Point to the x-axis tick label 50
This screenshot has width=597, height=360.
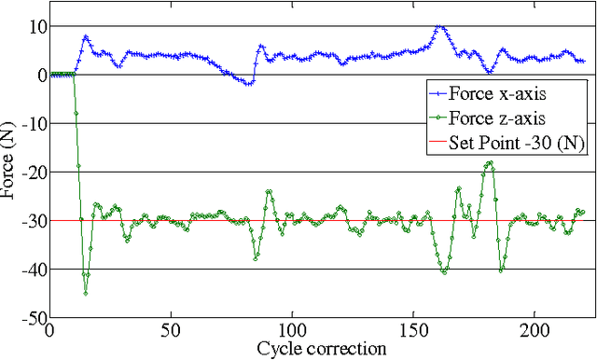coord(171,331)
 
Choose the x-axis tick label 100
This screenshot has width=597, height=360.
coord(292,331)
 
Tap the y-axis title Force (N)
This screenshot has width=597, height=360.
coord(9,172)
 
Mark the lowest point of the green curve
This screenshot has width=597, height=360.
coord(86,294)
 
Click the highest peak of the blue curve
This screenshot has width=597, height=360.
coord(439,27)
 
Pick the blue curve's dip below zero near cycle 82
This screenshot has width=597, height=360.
coord(248,84)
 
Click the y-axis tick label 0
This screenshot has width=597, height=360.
coord(38,75)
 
